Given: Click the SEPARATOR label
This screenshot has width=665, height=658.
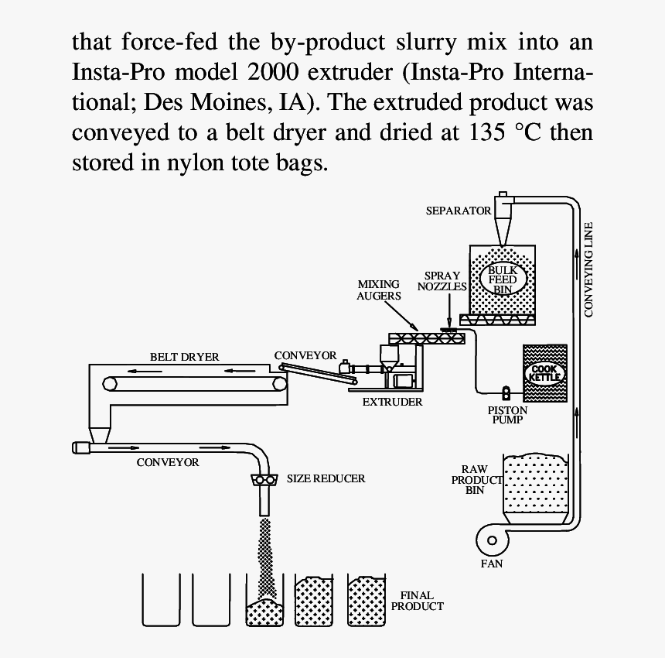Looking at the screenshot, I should [459, 211].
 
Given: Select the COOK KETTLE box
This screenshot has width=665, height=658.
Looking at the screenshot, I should [545, 373].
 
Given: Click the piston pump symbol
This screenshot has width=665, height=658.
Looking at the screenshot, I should [507, 392].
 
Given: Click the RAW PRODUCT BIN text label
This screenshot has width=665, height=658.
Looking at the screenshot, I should [475, 479].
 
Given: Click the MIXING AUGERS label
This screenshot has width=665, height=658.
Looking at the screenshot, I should [379, 290].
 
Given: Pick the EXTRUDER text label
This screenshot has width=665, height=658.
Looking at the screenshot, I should [392, 402].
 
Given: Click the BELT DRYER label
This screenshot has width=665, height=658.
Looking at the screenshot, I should [184, 357].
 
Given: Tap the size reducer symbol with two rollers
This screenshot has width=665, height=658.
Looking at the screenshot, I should [264, 480].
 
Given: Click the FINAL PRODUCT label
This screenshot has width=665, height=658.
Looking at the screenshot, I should [418, 601].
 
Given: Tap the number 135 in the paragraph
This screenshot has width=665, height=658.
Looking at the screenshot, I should [491, 132].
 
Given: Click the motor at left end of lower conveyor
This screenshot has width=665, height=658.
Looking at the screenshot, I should [80, 447].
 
